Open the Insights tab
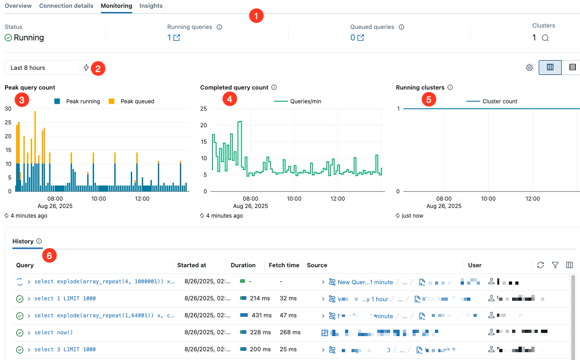(x=151, y=6)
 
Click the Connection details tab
(x=66, y=6)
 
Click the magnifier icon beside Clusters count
(x=545, y=38)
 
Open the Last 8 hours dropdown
(x=42, y=67)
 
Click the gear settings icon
(x=529, y=67)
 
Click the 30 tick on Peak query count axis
(x=8, y=108)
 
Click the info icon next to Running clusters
(x=450, y=87)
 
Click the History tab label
(x=23, y=241)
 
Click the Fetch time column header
(x=284, y=265)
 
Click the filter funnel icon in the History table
(x=555, y=265)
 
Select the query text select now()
(x=54, y=332)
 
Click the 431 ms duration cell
(x=261, y=315)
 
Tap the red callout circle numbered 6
(x=49, y=255)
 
